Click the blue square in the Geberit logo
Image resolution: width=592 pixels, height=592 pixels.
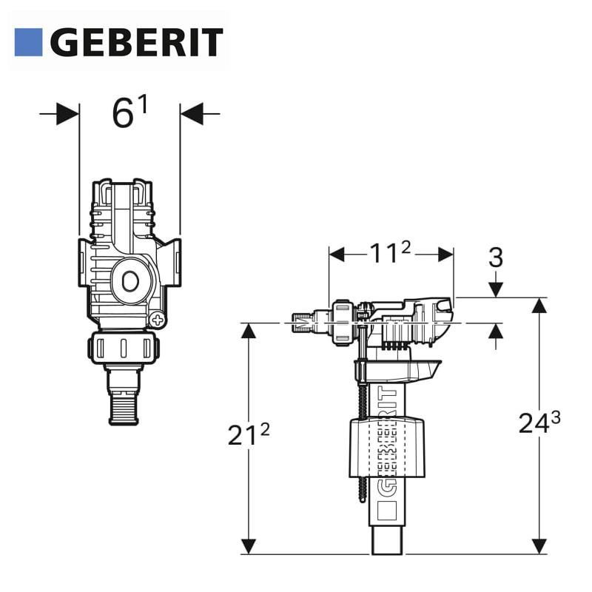(28, 42)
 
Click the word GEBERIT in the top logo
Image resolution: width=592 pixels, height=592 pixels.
(137, 42)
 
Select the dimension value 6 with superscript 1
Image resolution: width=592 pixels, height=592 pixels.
(129, 112)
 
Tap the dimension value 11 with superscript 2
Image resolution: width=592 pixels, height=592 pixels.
(390, 252)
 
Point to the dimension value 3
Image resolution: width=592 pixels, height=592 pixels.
(496, 258)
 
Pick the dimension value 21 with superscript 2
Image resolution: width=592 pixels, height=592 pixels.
(249, 434)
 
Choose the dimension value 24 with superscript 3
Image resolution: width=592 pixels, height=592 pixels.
(539, 422)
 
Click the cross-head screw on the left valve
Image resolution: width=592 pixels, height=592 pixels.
(158, 320)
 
